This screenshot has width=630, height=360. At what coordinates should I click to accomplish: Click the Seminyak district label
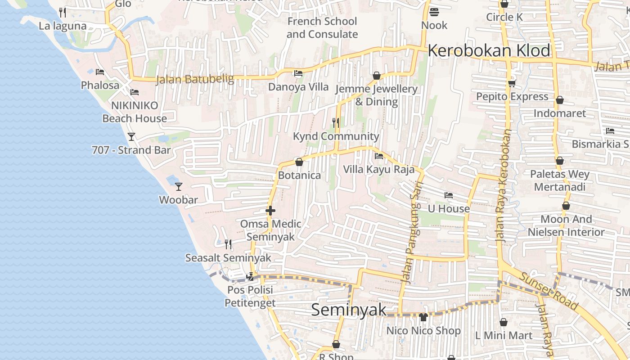349,310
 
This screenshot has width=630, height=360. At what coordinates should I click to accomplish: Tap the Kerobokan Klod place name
489,50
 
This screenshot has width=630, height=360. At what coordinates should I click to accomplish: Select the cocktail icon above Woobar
179,186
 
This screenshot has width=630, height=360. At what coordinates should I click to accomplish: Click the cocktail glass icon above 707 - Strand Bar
131,136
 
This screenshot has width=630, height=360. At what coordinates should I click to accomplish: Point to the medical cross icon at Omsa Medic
270,210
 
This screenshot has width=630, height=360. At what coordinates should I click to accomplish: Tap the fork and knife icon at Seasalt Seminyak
228,244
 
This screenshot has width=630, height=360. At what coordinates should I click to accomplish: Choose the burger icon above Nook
434,12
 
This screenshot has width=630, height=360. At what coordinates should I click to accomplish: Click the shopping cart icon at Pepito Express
512,83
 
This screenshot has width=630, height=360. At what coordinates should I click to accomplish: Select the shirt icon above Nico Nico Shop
423,317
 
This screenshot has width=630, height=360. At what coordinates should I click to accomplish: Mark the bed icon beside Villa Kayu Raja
379,156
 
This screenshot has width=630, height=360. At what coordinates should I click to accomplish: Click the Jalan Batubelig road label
195,79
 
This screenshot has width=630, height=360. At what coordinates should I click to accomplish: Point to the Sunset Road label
549,290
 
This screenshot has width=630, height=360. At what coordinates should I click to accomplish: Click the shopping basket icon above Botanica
299,162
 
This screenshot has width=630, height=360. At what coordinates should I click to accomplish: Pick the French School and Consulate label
322,27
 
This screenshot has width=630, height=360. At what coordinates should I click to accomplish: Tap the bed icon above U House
448,195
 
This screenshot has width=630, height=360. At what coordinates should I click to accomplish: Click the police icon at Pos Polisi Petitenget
250,276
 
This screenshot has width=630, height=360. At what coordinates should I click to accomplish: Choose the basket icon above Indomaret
560,100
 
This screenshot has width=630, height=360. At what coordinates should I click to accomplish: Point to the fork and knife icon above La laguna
63,12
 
